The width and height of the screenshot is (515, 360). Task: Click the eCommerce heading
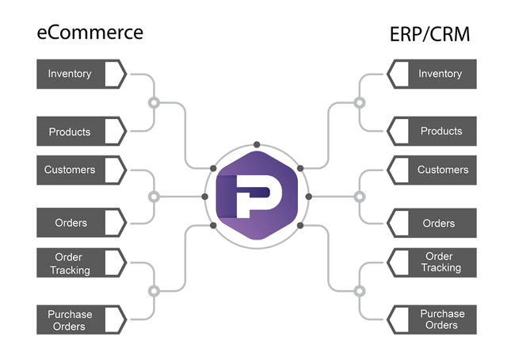pyautogui.click(x=90, y=33)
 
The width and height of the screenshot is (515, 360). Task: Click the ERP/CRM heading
pyautogui.click(x=429, y=35)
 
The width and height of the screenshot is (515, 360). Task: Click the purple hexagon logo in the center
pyautogui.click(x=257, y=197)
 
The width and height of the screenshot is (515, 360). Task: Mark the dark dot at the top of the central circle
pyautogui.click(x=257, y=144)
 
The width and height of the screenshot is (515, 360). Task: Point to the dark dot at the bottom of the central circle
pyautogui.click(x=257, y=248)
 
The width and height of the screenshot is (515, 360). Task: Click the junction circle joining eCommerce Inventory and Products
pyautogui.click(x=154, y=102)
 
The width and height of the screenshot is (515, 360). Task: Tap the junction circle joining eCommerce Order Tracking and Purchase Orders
pyautogui.click(x=154, y=290)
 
